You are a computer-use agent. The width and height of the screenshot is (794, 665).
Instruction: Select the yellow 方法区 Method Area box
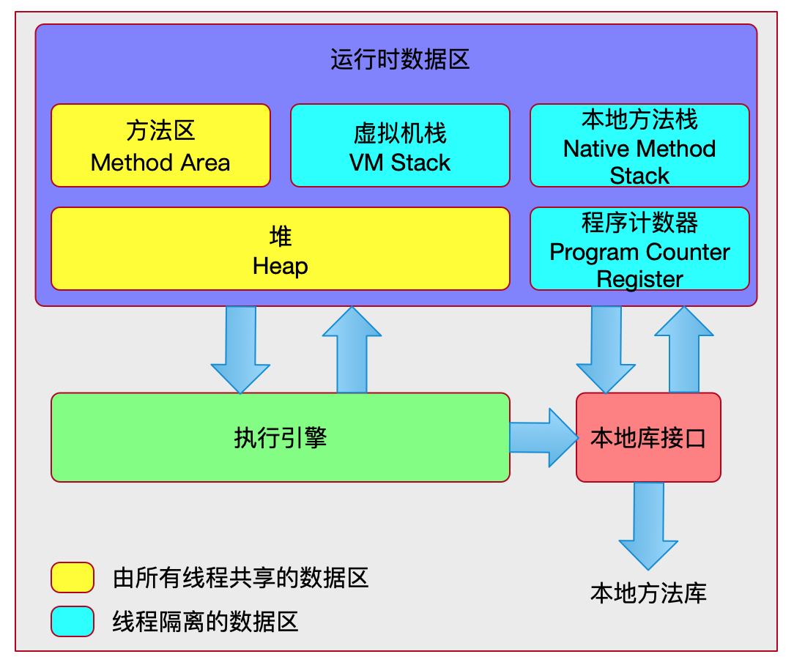click(160, 146)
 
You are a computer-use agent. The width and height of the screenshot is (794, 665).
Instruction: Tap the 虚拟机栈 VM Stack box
click(400, 146)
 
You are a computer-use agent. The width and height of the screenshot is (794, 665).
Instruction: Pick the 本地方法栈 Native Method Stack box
click(639, 146)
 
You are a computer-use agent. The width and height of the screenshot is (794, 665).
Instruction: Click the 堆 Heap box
click(280, 249)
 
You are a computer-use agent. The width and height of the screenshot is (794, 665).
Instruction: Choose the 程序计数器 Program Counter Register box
click(639, 249)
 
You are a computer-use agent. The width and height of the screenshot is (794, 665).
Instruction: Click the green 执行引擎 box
click(280, 437)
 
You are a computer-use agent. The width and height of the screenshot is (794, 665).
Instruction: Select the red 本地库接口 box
click(648, 437)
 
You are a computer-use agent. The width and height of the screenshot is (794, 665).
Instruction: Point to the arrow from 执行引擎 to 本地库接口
click(543, 437)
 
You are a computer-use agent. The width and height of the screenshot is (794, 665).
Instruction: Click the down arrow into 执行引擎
click(240, 348)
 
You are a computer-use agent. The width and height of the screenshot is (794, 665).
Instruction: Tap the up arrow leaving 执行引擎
click(352, 350)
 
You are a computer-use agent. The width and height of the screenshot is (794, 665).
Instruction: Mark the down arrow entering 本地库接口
click(606, 348)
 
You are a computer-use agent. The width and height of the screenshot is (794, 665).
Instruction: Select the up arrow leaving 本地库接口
click(683, 350)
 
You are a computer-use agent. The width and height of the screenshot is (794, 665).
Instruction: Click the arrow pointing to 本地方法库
click(648, 524)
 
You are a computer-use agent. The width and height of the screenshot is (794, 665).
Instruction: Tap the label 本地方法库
click(648, 593)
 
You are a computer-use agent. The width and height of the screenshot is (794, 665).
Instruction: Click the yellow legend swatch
click(73, 577)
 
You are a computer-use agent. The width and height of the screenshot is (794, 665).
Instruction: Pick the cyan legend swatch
click(73, 621)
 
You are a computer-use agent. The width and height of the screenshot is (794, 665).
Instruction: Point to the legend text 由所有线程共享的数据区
click(240, 578)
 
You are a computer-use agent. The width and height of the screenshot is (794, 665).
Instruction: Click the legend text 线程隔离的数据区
click(205, 622)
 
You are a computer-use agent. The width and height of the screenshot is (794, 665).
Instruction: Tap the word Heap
click(280, 266)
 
